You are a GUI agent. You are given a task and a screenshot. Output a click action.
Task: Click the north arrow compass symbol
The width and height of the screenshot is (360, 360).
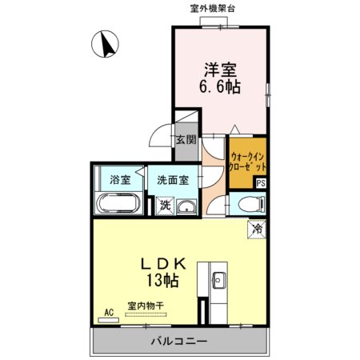point(105,44)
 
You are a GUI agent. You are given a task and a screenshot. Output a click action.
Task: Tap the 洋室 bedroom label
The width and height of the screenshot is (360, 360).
point(220,69)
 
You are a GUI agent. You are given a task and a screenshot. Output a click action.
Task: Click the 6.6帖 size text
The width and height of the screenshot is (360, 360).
point(220,86)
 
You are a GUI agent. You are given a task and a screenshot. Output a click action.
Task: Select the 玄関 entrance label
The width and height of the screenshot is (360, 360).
point(186,139)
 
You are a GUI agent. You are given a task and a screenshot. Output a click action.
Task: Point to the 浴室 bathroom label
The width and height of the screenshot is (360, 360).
point(120,180)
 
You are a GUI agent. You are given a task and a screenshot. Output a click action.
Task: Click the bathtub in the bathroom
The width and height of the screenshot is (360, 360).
point(118,202)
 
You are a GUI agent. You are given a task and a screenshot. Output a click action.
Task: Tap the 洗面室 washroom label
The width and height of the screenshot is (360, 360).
point(173,180)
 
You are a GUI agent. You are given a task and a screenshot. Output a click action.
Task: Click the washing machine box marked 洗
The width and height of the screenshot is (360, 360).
point(165,206)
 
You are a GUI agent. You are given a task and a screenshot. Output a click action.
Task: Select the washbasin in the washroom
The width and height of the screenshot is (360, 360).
point(186,207)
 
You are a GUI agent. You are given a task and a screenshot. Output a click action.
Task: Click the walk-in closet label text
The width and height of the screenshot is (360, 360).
point(248,162)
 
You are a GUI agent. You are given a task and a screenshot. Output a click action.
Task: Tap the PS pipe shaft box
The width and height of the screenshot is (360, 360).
point(261,183)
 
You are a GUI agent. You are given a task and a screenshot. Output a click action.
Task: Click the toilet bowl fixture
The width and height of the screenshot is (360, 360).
point(251,204)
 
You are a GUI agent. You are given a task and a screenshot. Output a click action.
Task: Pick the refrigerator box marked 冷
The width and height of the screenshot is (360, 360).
point(257,229)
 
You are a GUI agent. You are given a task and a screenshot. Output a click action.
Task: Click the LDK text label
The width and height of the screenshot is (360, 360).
point(163,264)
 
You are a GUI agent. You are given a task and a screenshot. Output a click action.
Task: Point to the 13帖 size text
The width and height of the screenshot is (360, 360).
point(162,280)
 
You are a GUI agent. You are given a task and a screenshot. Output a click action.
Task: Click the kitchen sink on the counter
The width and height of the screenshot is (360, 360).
point(218,280)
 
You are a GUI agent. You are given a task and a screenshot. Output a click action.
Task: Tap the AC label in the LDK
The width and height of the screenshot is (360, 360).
point(109,312)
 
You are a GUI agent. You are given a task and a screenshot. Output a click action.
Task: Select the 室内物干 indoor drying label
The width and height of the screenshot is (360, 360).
point(146,306)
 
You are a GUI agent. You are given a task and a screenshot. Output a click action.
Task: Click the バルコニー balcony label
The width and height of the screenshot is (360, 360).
point(179,341)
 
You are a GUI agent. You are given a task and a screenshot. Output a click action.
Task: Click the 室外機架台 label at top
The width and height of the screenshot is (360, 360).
point(213,9)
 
